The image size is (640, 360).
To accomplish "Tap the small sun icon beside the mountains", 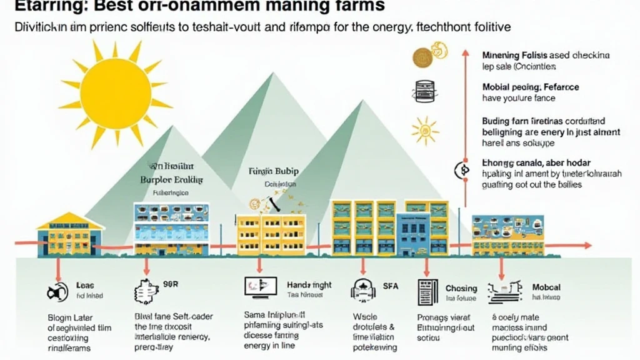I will coord(424,130).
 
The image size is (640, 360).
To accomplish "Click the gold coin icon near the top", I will coord(423,57).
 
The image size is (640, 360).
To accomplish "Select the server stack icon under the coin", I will coord(422,91).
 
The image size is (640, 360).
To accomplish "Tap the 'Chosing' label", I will coord(461,289).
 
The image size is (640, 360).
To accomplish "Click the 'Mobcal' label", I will coord(546,287).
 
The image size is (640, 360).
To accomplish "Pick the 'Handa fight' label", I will coord(309,285).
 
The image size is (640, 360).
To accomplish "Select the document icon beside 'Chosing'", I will coord(427,292).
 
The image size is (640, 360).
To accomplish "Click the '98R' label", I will coord(170,284).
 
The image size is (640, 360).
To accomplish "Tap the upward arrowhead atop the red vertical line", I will coord(464,51).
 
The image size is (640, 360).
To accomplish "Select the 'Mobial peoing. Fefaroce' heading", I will coord(531,87).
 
